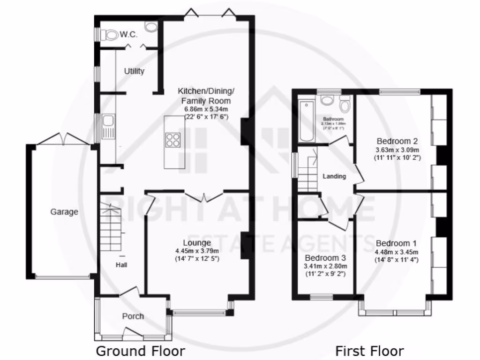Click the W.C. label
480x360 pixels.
[128, 34]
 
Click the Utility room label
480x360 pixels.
[134, 71]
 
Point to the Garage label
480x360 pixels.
[64, 212]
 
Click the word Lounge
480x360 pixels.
[196, 243]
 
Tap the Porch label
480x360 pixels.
[133, 316]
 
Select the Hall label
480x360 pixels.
[122, 265]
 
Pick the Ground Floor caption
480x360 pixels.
[141, 351]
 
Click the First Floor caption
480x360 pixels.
[369, 351]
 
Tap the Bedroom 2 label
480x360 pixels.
[397, 141]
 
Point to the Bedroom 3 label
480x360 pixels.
[325, 258]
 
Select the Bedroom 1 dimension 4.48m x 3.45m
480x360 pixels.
[397, 252]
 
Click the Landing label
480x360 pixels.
[335, 176]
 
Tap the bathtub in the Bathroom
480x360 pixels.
[306, 121]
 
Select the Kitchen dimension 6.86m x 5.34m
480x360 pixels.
[206, 109]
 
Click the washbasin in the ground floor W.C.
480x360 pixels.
[151, 27]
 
